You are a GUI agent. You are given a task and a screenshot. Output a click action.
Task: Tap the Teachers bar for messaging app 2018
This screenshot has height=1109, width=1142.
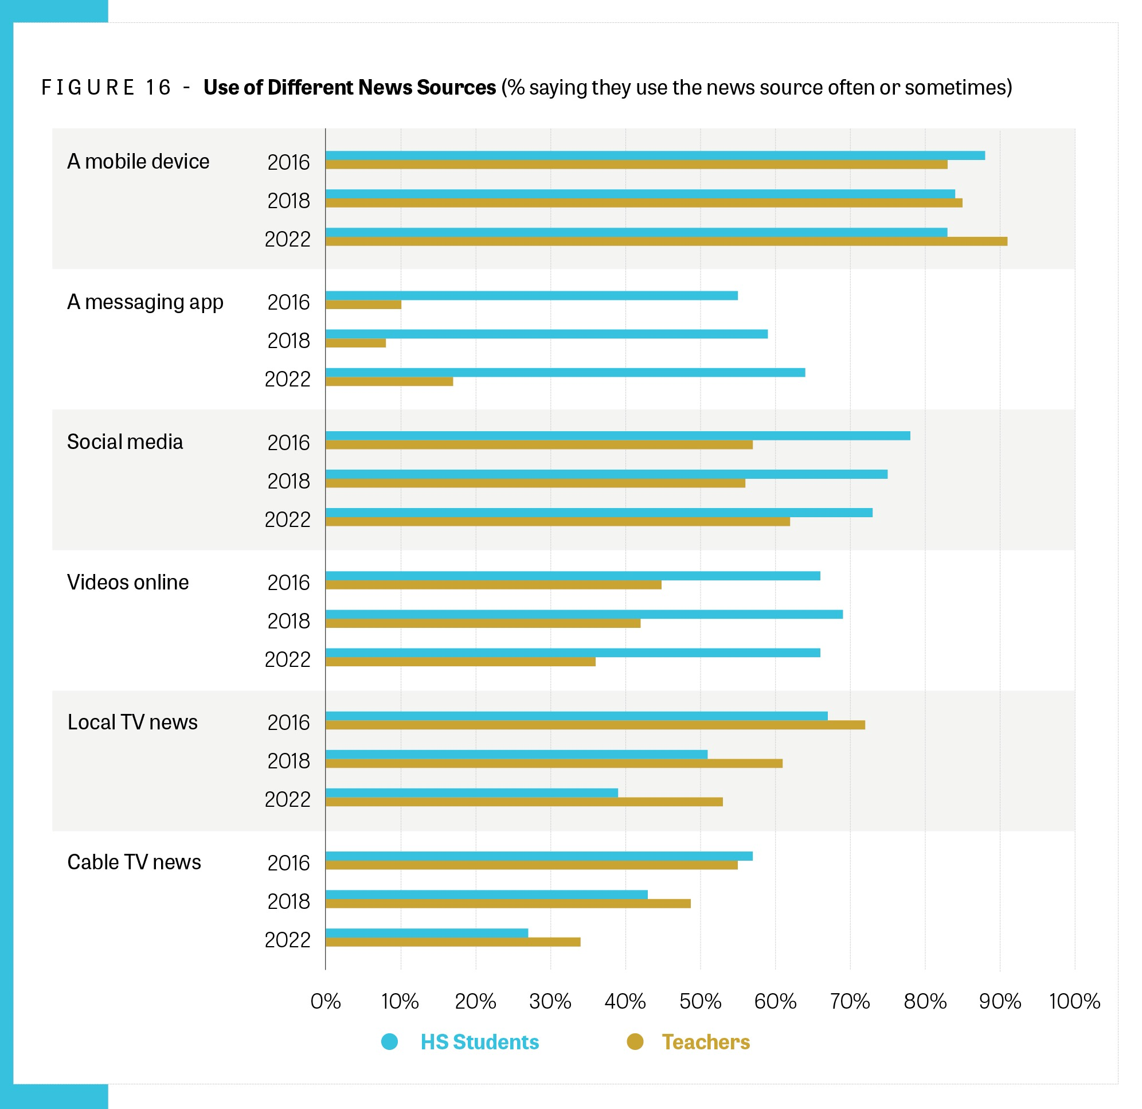(355, 343)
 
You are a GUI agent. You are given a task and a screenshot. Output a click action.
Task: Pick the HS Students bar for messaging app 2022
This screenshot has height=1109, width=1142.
(565, 372)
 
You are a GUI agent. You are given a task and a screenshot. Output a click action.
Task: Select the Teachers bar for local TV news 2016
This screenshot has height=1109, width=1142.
(595, 725)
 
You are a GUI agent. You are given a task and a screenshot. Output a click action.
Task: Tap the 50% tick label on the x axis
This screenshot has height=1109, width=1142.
(700, 1002)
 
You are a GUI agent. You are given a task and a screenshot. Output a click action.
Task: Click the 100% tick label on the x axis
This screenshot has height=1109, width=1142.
(1074, 1002)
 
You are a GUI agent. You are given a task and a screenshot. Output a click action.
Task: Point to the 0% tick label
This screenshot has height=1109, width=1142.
(325, 1002)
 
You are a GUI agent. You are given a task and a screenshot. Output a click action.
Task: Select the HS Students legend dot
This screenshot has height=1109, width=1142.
(389, 1041)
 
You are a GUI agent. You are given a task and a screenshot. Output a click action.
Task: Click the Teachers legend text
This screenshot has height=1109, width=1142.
(706, 1042)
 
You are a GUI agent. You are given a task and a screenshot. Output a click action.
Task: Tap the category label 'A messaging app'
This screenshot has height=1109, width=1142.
(145, 302)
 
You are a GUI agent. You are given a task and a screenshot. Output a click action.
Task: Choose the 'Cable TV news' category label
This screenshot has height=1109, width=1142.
(134, 862)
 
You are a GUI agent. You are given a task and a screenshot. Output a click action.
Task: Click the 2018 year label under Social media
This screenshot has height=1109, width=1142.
(288, 481)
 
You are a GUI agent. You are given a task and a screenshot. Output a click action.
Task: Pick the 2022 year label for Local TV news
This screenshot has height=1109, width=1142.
(287, 799)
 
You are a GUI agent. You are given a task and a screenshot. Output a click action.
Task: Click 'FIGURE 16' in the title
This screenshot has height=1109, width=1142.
(106, 87)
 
